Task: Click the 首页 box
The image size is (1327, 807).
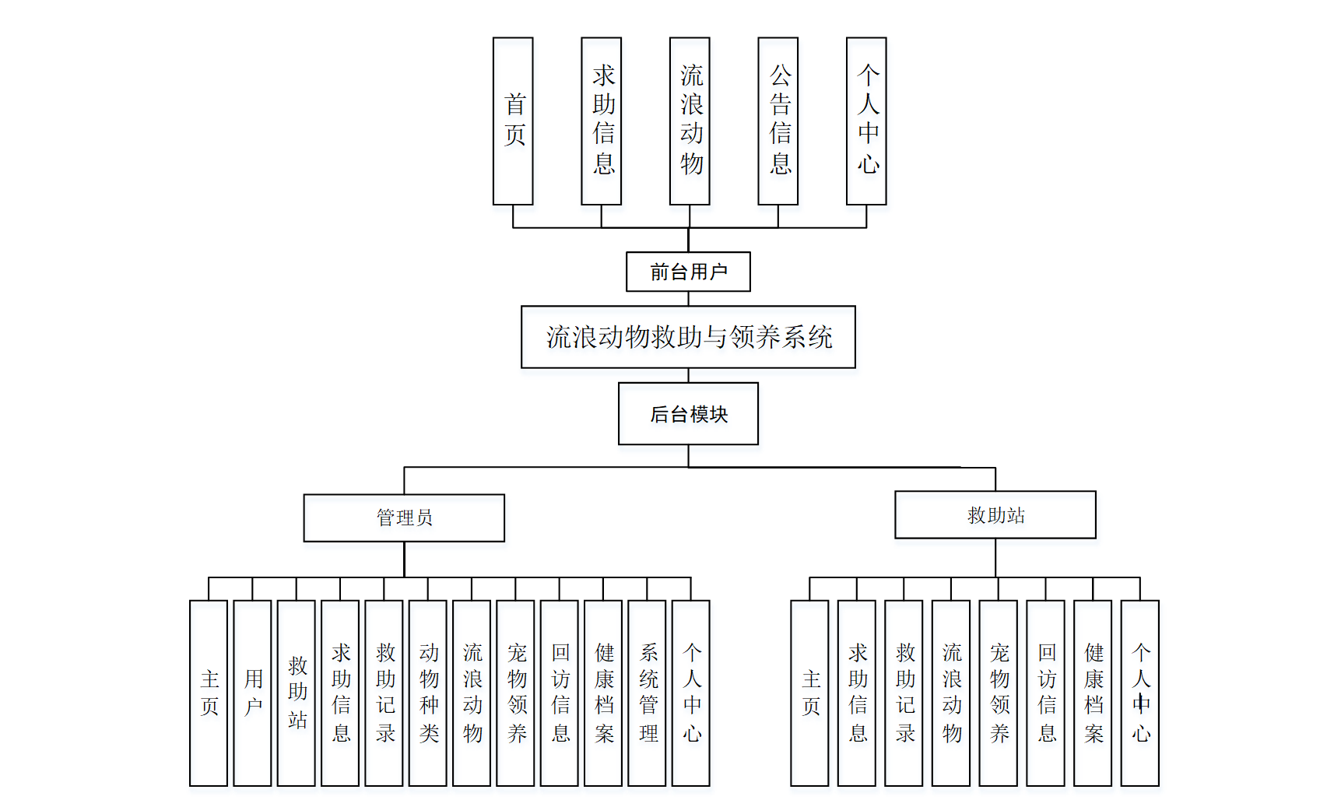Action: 513,121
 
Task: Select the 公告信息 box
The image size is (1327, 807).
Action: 778,121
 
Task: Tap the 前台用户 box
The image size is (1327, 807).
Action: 688,272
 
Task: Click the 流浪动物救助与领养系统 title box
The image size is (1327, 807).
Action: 688,337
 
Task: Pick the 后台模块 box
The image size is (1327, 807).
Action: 688,413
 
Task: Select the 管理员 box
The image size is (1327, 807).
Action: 404,518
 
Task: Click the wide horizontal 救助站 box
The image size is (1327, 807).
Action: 995,514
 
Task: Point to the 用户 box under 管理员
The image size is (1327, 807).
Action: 252,693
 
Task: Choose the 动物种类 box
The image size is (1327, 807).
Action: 428,693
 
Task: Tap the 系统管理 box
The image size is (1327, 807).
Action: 647,693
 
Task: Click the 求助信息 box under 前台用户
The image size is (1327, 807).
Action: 602,121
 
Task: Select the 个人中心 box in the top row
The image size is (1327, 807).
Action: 866,121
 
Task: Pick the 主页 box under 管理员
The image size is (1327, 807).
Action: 209,693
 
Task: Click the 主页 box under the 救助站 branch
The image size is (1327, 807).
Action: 809,693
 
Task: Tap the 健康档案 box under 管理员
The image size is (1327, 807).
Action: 603,693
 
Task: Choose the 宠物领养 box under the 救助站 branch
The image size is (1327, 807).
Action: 999,693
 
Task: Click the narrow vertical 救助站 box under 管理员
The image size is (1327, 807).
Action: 297,693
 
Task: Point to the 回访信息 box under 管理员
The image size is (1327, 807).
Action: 560,693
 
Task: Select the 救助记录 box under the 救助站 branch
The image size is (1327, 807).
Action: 904,693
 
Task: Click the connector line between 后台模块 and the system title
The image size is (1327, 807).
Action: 689,375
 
